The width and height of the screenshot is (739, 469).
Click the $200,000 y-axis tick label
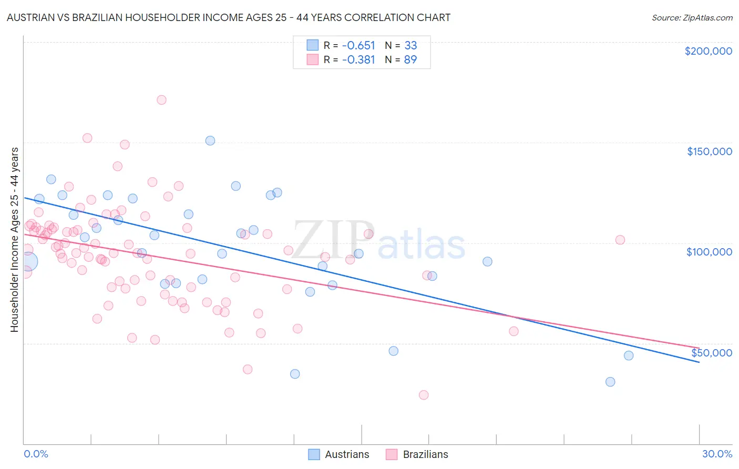[708, 51]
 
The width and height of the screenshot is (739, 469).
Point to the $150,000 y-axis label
[709, 151]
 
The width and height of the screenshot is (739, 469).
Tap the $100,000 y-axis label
[709, 252]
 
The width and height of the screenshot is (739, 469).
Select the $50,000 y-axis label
[711, 353]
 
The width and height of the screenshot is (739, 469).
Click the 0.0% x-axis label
[36, 454]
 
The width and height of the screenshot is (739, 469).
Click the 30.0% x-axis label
[717, 454]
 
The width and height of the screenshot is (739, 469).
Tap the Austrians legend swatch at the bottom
[314, 454]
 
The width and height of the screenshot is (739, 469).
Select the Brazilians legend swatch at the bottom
[392, 454]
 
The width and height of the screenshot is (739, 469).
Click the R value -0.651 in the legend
[358, 45]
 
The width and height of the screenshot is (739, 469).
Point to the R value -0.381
[358, 59]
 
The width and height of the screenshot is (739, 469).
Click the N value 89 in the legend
[410, 59]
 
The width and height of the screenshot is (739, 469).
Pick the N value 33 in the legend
[410, 45]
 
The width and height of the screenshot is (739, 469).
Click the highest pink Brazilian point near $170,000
[161, 100]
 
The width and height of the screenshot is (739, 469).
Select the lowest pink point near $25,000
[424, 395]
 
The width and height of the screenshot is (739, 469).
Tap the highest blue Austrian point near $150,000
[210, 140]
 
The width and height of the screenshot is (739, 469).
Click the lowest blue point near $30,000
[610, 382]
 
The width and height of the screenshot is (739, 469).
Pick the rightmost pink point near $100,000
[620, 240]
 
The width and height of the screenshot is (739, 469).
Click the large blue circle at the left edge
[28, 261]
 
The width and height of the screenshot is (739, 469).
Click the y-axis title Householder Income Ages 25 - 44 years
[15, 240]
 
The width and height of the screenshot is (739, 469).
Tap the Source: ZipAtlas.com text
[692, 18]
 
